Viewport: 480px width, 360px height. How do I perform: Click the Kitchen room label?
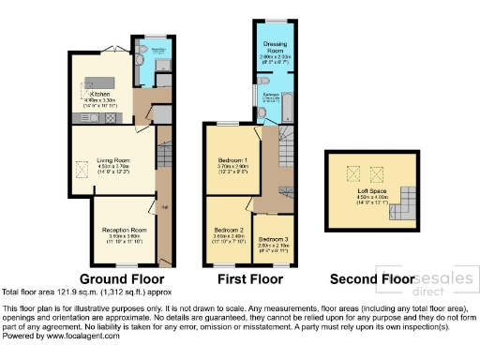click(99, 95)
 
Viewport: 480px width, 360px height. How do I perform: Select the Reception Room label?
click(126, 230)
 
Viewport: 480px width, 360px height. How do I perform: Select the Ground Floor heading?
click(122, 278)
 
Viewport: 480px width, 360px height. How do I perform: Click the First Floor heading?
click(248, 278)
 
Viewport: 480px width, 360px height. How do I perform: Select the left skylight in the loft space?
click(352, 172)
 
